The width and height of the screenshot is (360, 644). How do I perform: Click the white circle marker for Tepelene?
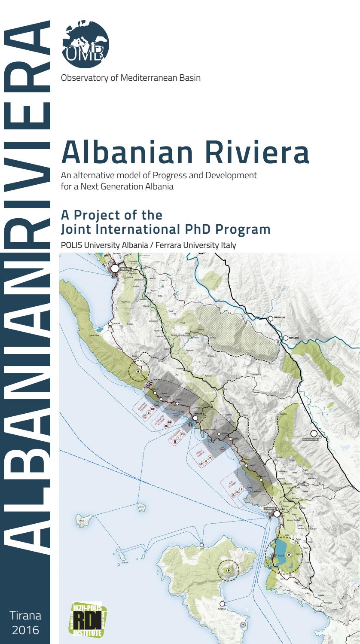tap(285, 338)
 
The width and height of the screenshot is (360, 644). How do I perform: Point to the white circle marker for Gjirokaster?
tap(314, 433)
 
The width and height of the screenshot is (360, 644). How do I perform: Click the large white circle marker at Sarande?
tap(277, 513)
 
